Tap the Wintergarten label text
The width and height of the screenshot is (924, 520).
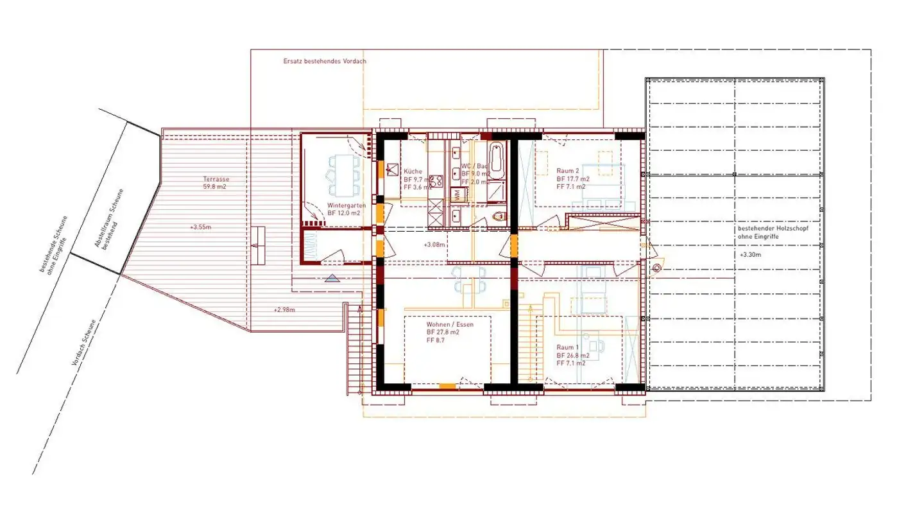(x=347, y=205)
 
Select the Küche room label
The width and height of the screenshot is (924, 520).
(x=412, y=171)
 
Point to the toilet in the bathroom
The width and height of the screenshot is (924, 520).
(x=498, y=218)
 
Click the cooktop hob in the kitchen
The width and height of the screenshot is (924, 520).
(x=437, y=180)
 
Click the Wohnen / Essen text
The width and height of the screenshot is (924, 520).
(x=450, y=325)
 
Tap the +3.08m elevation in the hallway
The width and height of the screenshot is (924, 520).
(x=434, y=245)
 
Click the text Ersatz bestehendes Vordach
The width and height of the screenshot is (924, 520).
(x=325, y=62)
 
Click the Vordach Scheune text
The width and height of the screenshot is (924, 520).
(x=85, y=343)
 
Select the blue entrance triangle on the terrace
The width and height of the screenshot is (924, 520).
(x=332, y=279)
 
